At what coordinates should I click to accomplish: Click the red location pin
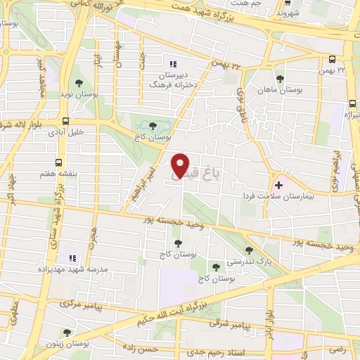[x=181, y=165]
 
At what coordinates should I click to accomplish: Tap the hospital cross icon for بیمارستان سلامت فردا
[x=279, y=185]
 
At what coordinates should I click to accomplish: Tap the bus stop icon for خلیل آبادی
[x=66, y=121]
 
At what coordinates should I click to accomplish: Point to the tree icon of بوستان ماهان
[x=280, y=78]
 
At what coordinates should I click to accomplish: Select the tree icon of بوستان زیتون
[x=67, y=332]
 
